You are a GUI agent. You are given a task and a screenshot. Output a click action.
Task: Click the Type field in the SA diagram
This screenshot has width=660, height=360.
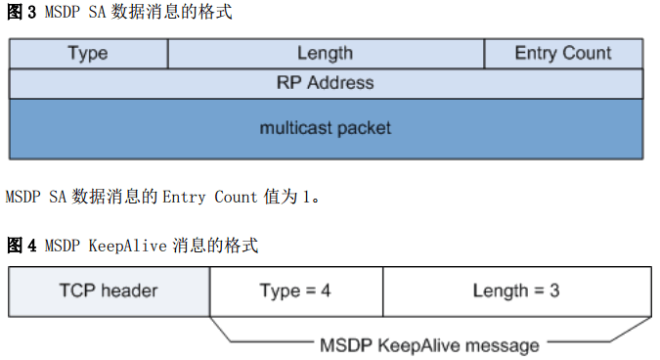pos(88,54)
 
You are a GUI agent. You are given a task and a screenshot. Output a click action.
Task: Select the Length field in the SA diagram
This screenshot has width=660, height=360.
pos(326,54)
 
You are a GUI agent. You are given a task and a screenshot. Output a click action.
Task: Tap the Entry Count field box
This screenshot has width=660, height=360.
pos(563,54)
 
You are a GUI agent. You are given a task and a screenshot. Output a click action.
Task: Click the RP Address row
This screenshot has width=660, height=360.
pos(326,83)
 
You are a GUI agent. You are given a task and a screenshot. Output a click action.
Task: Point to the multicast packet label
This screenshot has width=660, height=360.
pos(326,128)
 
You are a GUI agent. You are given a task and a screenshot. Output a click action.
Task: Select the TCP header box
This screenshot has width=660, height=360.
pos(109,291)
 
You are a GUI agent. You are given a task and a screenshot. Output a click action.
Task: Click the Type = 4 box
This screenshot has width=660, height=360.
pos(295,291)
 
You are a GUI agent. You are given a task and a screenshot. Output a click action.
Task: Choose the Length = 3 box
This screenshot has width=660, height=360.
pos(515,291)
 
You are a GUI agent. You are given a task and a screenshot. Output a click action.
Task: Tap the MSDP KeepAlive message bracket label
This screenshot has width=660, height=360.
pos(429,344)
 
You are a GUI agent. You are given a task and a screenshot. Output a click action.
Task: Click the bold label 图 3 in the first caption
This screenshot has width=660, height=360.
pos(21,14)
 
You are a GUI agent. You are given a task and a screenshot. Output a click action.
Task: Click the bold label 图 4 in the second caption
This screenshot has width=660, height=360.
pos(21,245)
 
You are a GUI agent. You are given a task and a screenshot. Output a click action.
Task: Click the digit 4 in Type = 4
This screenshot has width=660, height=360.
pos(325,291)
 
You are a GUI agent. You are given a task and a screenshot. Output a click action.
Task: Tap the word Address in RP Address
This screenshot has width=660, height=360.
pos(340,83)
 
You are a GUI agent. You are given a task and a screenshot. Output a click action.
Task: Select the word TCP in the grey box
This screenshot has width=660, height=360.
pos(76,291)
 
